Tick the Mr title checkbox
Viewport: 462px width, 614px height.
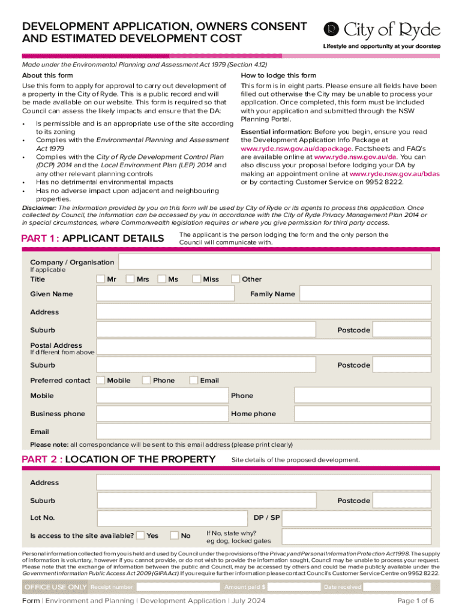[x=101, y=279]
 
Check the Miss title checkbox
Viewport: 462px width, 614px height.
[x=196, y=279]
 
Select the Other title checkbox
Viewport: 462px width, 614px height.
[x=236, y=279]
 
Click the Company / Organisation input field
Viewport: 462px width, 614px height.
[x=275, y=262]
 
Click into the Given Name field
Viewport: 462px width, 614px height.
[x=166, y=294]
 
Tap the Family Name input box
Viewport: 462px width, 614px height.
[x=365, y=294]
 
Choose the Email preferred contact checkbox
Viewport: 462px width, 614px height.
[x=194, y=380]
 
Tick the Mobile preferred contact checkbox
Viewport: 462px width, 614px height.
[x=101, y=380]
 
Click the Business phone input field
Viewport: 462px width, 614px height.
[x=162, y=414]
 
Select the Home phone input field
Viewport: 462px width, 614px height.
[x=362, y=414]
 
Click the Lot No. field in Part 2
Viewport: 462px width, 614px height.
[x=171, y=517]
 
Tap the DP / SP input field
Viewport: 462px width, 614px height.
[x=357, y=517]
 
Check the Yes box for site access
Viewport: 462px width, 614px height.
[x=140, y=535]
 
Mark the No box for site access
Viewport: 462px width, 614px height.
[x=175, y=535]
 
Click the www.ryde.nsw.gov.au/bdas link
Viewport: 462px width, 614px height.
[x=390, y=173]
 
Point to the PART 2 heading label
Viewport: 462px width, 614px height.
[x=118, y=459]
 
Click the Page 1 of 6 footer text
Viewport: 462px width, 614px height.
[x=416, y=601]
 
